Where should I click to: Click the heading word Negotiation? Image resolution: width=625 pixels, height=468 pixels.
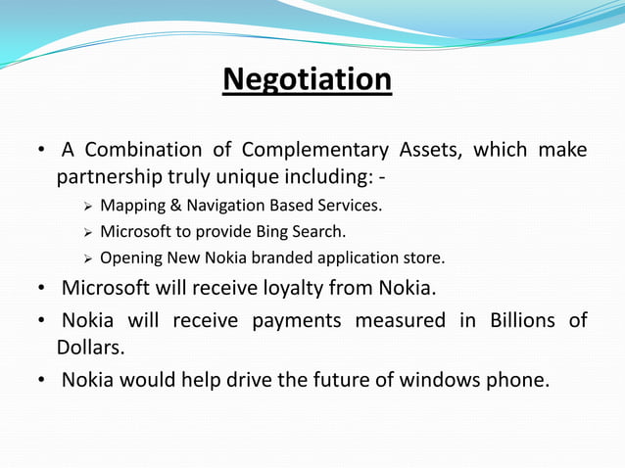pos(308,78)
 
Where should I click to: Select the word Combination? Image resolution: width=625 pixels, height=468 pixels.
pos(144,150)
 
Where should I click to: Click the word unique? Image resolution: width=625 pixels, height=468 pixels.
pos(266,177)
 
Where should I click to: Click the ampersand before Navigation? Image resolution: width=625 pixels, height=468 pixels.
pos(175,207)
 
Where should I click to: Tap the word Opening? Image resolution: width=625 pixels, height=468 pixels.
pos(131,258)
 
